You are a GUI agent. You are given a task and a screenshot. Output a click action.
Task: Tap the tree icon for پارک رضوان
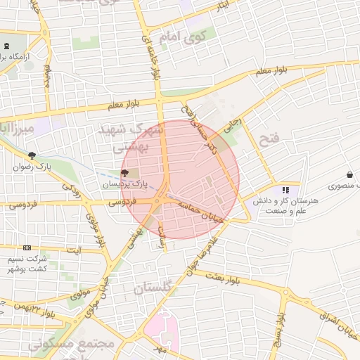point(31,155)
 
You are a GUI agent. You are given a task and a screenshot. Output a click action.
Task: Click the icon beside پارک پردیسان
point(125,172)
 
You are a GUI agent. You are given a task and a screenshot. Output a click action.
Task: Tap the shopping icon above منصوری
point(349,174)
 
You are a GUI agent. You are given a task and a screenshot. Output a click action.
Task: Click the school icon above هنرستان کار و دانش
point(285,190)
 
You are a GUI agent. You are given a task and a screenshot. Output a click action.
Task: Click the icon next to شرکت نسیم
point(27,247)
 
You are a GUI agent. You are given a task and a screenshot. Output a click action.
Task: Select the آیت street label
point(74,250)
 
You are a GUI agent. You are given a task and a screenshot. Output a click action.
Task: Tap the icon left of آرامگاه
point(6,46)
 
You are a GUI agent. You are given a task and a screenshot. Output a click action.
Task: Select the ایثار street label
point(220,6)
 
